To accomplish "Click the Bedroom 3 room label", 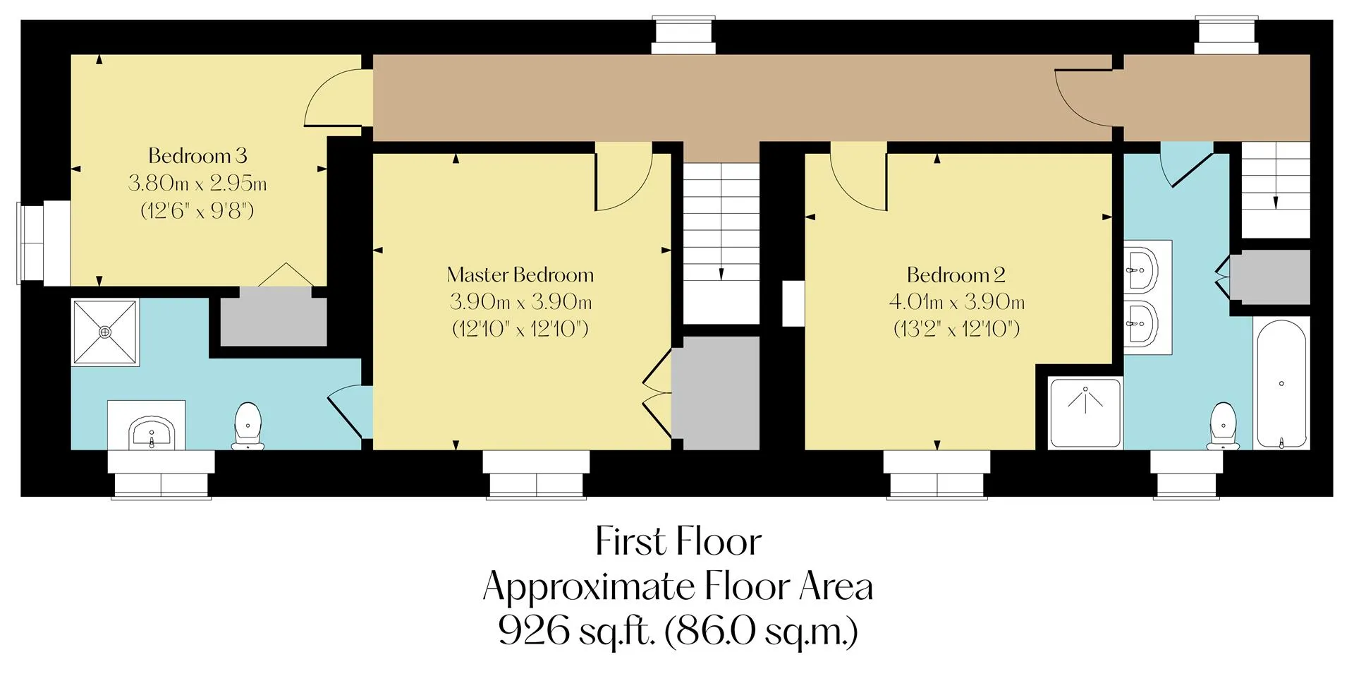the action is tap(197, 155).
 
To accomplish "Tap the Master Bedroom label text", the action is tap(520, 275).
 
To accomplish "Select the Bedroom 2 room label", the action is tap(956, 275).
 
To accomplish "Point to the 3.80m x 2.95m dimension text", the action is tap(197, 183).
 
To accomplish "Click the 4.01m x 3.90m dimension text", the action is tap(956, 302).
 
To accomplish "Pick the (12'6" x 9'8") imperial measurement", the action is tap(197, 210).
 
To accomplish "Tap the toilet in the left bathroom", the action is tap(248, 426).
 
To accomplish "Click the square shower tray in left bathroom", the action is tap(105, 332).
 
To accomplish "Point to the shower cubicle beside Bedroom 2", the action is tap(1085, 414).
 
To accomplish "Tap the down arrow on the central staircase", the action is tap(721, 274).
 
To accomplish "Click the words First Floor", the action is tap(678, 542).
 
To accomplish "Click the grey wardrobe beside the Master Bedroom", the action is tap(714, 392).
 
